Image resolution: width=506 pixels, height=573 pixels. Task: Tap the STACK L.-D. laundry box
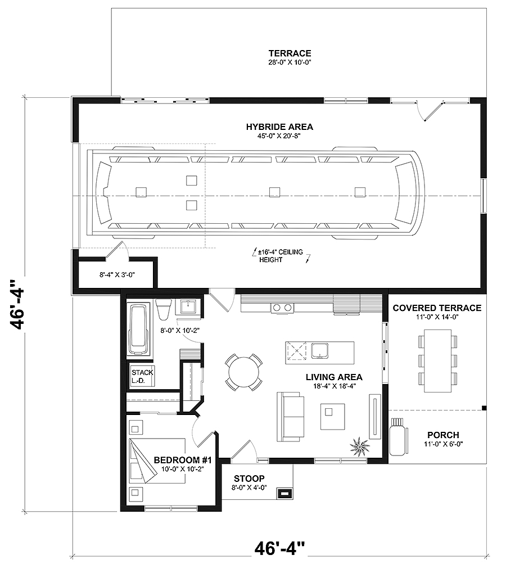(139, 376)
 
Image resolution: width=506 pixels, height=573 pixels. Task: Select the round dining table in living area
(244, 372)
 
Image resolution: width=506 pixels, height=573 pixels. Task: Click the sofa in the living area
(290, 417)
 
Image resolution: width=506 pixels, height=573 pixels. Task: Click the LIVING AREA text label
(334, 377)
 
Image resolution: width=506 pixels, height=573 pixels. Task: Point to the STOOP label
(250, 479)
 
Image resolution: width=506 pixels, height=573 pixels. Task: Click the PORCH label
(443, 435)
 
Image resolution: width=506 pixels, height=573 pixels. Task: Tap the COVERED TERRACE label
(437, 308)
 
